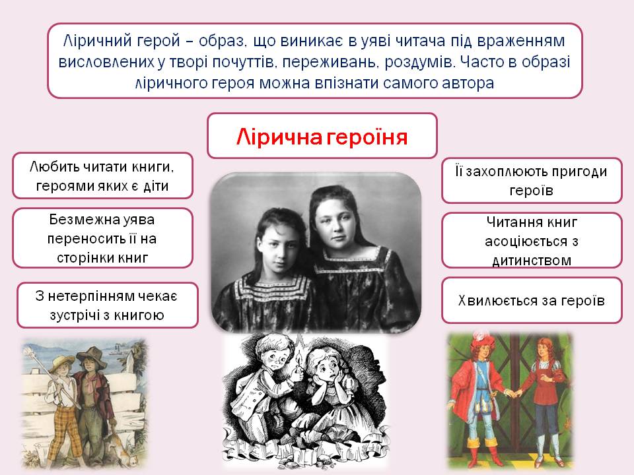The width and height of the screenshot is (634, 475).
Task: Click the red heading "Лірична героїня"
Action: [322, 137]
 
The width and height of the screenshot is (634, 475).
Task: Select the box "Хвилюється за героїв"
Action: [532, 300]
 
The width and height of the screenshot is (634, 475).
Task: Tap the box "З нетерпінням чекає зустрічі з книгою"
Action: [107, 305]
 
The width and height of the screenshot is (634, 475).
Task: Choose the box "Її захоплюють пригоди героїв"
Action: [532, 180]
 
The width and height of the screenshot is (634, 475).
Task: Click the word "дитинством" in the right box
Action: [532, 260]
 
